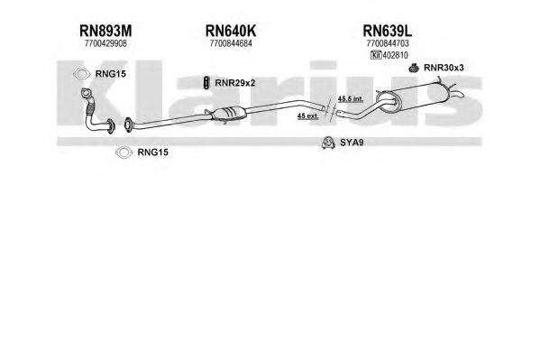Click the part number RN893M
tap(105, 31)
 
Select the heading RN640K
tap(231, 31)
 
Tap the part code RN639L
tap(388, 31)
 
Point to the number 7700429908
tap(105, 43)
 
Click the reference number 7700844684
tap(231, 43)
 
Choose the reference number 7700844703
tap(388, 43)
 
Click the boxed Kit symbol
tap(376, 55)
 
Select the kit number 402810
tap(396, 55)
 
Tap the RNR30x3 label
tap(444, 68)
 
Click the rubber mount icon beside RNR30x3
tap(414, 68)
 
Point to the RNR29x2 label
tap(235, 83)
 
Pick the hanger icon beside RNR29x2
tap(206, 83)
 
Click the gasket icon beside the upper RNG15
tap(81, 74)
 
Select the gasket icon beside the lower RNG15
tap(124, 152)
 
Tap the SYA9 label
tap(352, 143)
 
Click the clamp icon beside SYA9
tap(327, 143)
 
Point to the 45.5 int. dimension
tap(351, 99)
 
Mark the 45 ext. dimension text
tap(308, 116)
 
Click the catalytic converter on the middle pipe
tap(228, 114)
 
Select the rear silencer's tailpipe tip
tap(460, 94)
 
